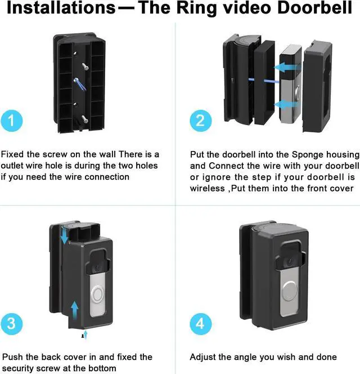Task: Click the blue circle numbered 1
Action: click(11, 121)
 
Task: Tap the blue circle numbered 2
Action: click(201, 121)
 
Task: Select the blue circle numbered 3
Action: click(11, 324)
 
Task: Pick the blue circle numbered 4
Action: click(201, 324)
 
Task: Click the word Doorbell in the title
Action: click(314, 7)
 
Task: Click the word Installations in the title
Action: click(61, 7)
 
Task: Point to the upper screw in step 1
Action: click(85, 66)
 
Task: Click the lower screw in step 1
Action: click(85, 119)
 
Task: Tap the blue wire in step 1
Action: click(80, 84)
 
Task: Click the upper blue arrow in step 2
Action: click(285, 67)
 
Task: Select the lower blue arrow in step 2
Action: click(285, 104)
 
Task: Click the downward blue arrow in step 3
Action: click(64, 235)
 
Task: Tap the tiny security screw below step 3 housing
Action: click(83, 336)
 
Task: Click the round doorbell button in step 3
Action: click(97, 295)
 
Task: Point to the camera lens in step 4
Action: click(290, 261)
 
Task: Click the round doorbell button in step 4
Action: click(290, 291)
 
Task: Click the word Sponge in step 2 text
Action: click(308, 155)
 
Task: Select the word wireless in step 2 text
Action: click(207, 189)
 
